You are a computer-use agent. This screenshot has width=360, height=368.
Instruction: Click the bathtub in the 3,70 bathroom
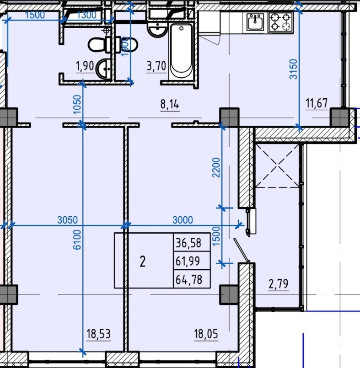[181, 52]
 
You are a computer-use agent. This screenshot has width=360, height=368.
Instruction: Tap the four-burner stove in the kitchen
[280, 22]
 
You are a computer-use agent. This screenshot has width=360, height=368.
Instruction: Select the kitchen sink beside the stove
[255, 22]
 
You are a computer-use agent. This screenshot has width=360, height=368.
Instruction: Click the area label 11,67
[317, 103]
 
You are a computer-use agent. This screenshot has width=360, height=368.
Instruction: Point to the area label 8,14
[170, 104]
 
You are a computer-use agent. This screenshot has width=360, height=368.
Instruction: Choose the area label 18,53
[98, 334]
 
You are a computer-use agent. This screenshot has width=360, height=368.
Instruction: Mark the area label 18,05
[206, 334]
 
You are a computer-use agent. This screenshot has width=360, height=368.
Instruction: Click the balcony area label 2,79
[278, 284]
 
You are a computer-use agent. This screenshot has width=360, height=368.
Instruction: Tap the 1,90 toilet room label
[85, 66]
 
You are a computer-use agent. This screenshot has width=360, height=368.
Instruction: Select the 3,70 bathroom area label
[156, 66]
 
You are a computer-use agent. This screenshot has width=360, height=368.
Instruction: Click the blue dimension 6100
[77, 240]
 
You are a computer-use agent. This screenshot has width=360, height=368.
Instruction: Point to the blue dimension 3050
[67, 220]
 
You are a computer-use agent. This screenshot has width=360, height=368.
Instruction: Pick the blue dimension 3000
[183, 220]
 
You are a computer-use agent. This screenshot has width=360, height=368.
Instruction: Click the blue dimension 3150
[294, 69]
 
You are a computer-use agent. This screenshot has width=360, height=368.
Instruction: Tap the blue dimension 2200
[216, 168]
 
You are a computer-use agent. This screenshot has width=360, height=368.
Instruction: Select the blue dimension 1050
[77, 104]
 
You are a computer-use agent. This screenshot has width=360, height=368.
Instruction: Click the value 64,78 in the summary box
[189, 280]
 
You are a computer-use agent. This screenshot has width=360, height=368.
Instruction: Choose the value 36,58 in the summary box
[188, 243]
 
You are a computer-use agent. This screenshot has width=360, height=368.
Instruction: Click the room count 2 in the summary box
[143, 261]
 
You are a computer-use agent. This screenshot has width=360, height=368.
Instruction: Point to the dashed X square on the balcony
[277, 166]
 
